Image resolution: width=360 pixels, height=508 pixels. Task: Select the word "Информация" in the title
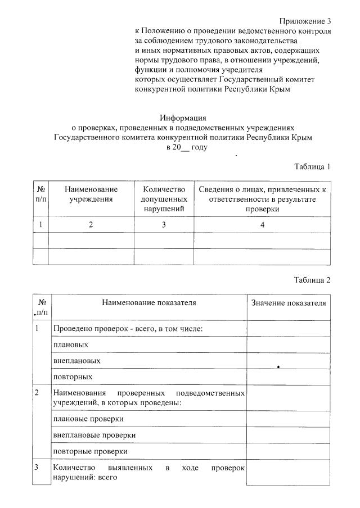183,118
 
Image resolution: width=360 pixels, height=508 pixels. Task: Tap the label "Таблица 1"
312,166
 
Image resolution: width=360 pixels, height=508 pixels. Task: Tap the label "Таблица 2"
312,280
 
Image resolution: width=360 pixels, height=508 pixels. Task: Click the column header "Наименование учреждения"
91,194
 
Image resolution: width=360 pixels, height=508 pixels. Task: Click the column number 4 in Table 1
262,225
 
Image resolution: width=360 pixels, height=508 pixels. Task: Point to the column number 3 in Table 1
164,225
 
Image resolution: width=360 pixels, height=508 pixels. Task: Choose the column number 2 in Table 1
91,225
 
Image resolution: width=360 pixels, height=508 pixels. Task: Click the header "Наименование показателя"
148,303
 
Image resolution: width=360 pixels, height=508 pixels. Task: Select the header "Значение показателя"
289,303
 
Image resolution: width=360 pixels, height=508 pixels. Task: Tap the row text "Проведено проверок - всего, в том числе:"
127,328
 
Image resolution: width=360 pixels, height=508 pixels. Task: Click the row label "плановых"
70,344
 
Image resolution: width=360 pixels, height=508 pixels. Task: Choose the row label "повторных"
73,377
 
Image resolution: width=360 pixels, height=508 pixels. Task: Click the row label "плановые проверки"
88,419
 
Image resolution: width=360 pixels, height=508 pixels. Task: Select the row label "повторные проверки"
90,451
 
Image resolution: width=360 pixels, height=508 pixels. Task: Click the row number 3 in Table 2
37,468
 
